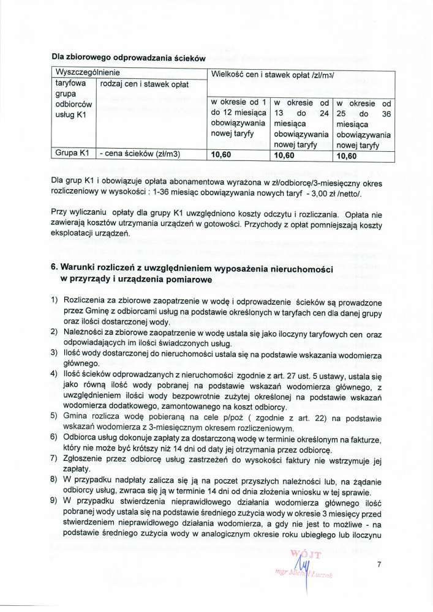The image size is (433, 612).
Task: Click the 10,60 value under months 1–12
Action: tap(221, 155)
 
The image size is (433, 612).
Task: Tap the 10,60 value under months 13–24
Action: tap(285, 155)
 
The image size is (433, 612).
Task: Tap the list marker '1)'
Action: tap(55, 302)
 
